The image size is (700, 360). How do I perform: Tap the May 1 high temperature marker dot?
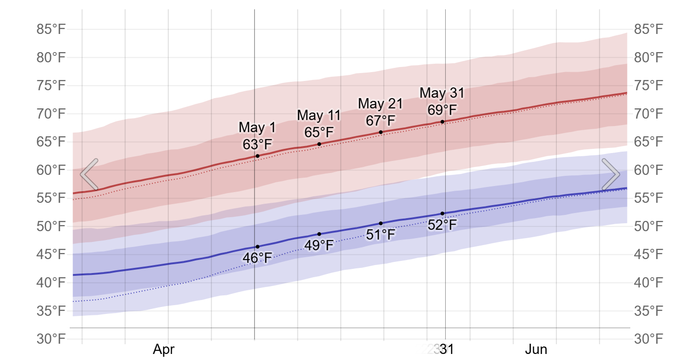(x=258, y=156)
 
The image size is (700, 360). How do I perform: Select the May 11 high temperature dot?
(x=319, y=144)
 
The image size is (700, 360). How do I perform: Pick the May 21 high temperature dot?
(x=381, y=132)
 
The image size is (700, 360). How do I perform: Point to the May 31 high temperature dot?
(x=442, y=122)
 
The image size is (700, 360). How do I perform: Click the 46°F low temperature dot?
(x=258, y=247)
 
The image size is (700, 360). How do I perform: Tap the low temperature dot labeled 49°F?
(x=319, y=234)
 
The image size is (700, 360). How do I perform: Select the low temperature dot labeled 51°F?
(x=381, y=223)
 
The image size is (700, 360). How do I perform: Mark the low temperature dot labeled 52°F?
(x=442, y=213)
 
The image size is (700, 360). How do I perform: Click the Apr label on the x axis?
(x=164, y=350)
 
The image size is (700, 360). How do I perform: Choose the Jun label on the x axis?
(x=536, y=350)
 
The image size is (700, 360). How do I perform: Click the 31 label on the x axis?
(x=447, y=350)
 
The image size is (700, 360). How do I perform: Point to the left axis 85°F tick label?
(x=51, y=30)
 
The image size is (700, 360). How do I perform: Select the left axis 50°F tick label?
(x=51, y=227)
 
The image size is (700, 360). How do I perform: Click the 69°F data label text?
(x=442, y=110)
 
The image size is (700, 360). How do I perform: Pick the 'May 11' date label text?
(x=319, y=115)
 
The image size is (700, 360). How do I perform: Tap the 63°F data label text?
(x=257, y=144)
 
